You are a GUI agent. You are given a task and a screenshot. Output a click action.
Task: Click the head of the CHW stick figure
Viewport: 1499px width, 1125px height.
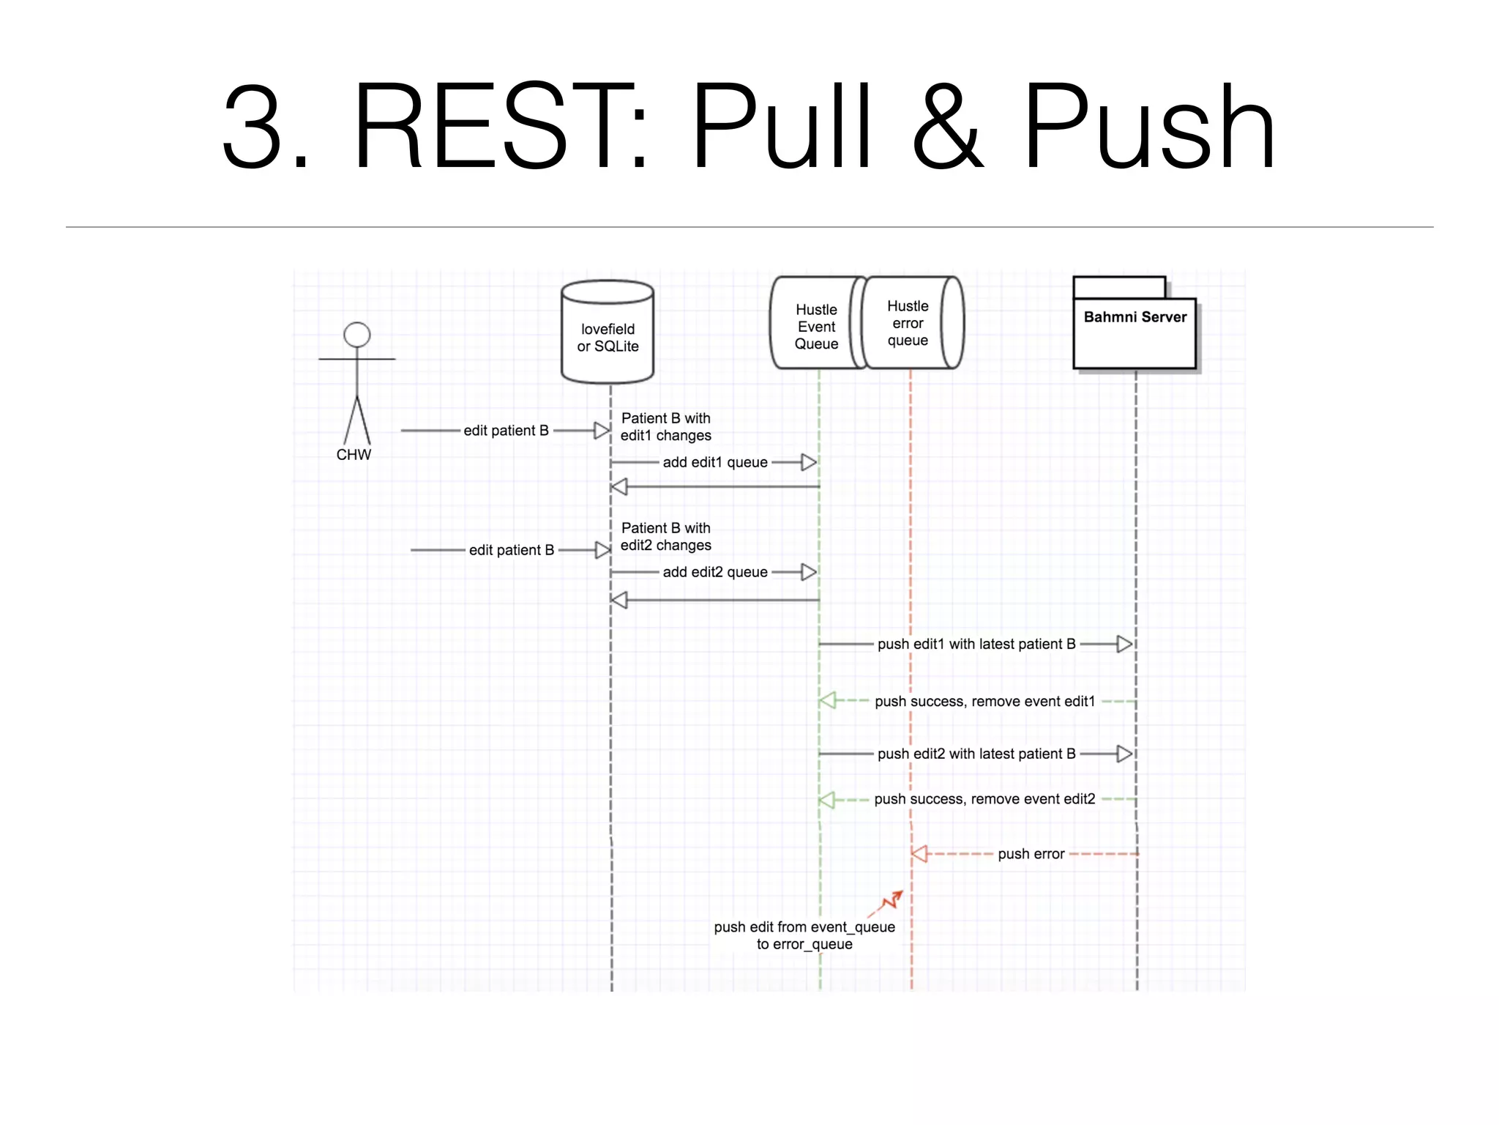tap(356, 335)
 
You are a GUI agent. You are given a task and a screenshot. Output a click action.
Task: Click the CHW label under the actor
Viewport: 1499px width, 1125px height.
tap(354, 455)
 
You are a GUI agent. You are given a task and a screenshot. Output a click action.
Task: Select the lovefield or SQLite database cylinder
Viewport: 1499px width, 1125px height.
tap(608, 333)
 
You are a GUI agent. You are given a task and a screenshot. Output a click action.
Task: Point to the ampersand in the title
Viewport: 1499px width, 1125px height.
tap(947, 128)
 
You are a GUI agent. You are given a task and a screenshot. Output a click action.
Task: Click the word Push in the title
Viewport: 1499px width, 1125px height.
tap(1149, 128)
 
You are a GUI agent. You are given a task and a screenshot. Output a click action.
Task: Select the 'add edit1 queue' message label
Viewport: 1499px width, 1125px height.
tap(715, 462)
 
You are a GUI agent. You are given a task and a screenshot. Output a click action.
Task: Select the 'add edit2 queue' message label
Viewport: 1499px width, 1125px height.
tap(715, 572)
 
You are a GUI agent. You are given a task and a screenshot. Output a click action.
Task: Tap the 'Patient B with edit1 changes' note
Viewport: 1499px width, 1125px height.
tap(665, 427)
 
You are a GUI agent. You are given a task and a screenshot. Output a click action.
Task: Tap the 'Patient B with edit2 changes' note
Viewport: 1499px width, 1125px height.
tap(665, 537)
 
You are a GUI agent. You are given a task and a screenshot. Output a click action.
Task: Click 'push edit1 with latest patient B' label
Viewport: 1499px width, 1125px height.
tap(976, 644)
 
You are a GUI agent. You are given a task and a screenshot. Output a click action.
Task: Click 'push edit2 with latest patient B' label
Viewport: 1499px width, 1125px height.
tap(976, 754)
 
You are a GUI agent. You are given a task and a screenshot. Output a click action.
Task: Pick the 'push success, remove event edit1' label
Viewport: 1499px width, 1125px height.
tap(984, 702)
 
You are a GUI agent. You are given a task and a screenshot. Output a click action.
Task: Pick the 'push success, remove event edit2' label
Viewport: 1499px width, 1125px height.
tap(984, 799)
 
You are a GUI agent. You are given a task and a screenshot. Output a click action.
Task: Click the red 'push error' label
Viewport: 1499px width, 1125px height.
tap(1031, 854)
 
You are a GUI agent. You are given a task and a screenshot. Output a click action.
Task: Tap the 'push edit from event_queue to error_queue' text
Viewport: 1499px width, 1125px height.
tap(804, 935)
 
